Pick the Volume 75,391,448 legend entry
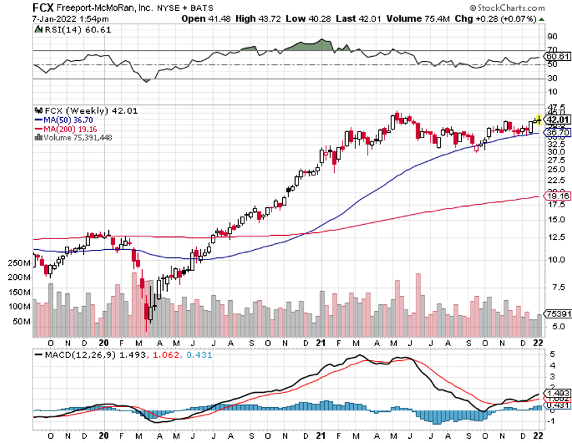tap(74, 137)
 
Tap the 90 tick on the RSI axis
tap(552, 36)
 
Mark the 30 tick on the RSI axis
tap(552, 79)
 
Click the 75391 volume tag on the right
tap(556, 314)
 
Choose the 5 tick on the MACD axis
tap(552, 354)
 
